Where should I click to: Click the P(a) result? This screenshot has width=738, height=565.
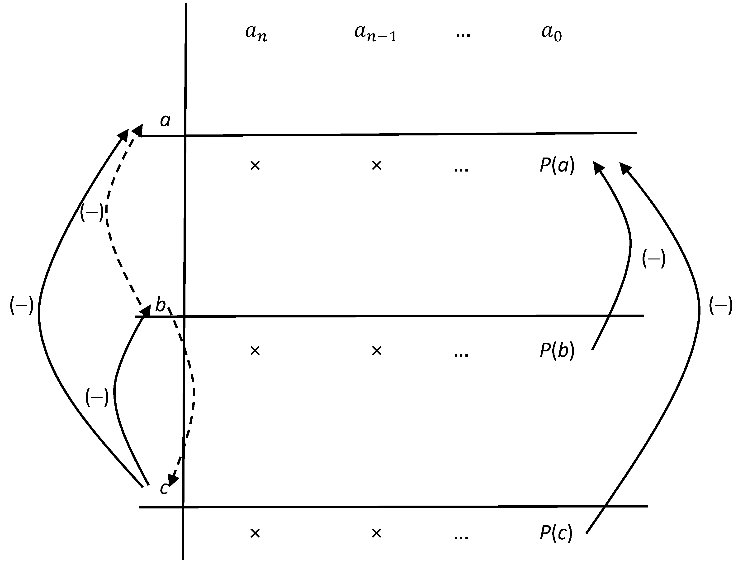(x=557, y=165)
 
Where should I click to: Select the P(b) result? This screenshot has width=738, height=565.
(x=557, y=350)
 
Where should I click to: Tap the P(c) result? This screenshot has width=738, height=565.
(x=556, y=533)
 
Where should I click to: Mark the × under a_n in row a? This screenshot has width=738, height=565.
(x=255, y=165)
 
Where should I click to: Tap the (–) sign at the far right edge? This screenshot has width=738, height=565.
(x=720, y=305)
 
